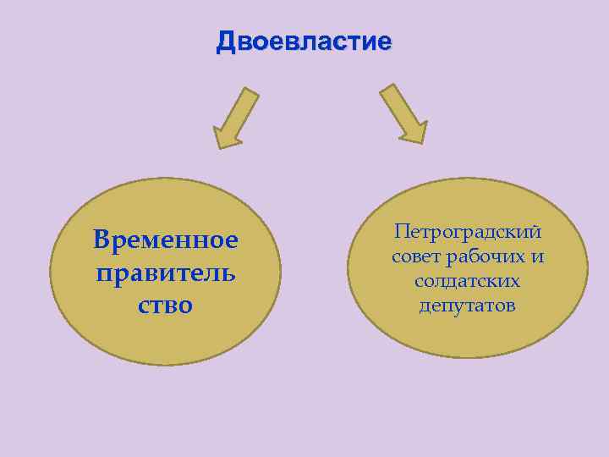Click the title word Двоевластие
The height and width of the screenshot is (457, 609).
pos(304,41)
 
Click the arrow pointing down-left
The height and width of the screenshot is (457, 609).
pos(235,118)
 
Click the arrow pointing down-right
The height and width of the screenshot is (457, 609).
pos(403,113)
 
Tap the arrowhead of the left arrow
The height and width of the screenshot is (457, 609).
pos(226,136)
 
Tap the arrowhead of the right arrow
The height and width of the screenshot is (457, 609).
pos(414,131)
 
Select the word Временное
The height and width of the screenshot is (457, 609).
pos(166,241)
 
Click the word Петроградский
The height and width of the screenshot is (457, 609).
pos(467,231)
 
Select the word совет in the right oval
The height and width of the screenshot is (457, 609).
pos(415,256)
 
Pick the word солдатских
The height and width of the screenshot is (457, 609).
pos(467,280)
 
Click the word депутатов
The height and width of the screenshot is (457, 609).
pos(467,305)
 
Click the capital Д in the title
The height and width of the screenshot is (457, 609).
pos(226,41)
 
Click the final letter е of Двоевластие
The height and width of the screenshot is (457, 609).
pos(385,41)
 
